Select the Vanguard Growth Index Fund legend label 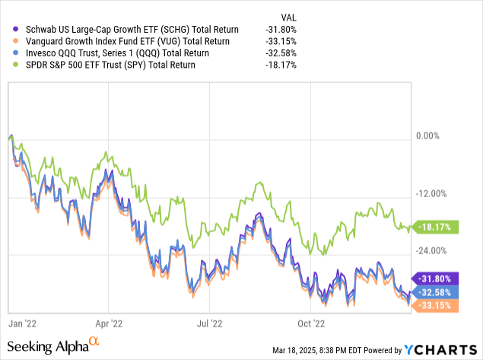(x=106, y=40)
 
